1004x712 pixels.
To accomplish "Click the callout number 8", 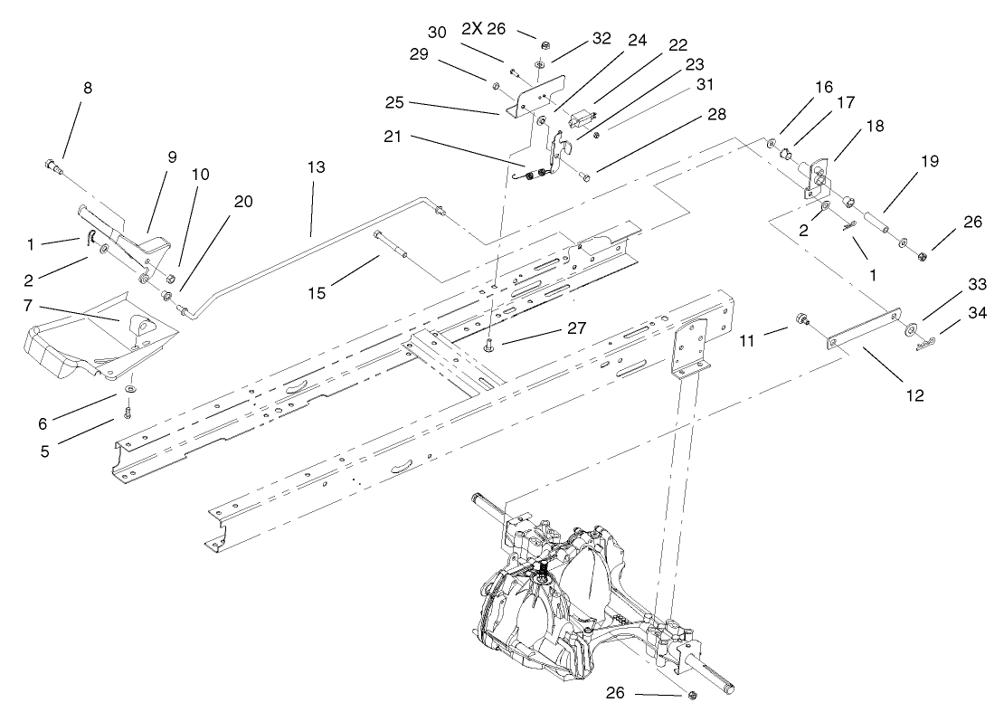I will pyautogui.click(x=87, y=89).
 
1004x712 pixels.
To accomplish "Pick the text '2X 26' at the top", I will pyautogui.click(x=483, y=28).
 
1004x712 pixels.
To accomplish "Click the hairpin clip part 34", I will pyautogui.click(x=924, y=343).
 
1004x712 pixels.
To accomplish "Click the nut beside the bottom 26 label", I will pyautogui.click(x=692, y=695).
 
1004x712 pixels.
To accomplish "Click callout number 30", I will pyautogui.click(x=437, y=32).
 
